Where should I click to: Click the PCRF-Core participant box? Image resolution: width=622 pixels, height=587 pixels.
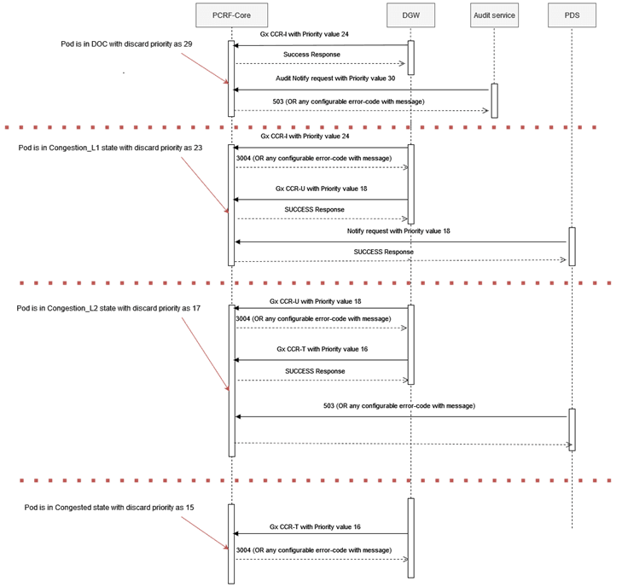230,15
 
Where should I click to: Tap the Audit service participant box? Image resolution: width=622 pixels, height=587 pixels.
494,15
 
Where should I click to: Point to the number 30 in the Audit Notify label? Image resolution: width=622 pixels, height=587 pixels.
391,78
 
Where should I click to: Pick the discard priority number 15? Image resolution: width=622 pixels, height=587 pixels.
189,508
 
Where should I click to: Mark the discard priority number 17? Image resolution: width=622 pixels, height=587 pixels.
196,308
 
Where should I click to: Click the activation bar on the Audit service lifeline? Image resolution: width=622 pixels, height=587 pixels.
494,100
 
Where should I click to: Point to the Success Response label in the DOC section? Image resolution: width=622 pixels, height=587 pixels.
311,54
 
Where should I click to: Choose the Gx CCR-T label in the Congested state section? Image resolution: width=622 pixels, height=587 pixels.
315,526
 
